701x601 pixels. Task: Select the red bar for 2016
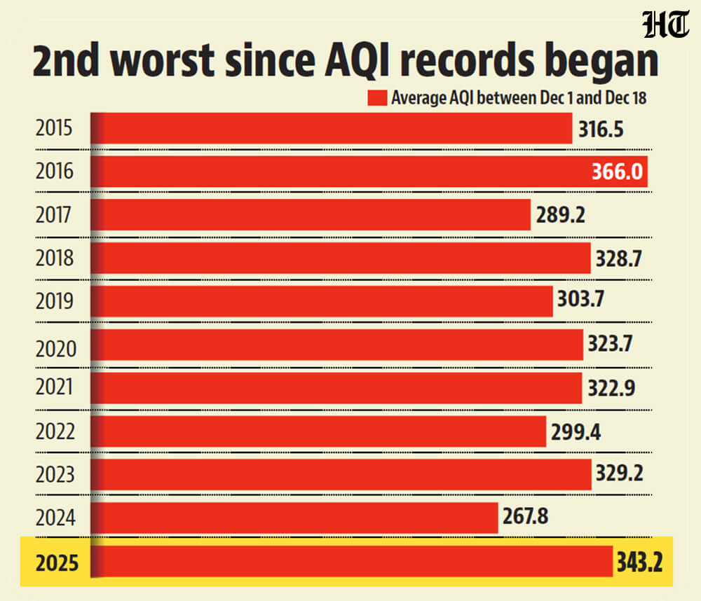(372, 172)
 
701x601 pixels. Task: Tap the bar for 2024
(298, 517)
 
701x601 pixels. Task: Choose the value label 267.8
(526, 517)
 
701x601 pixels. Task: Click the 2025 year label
(54, 562)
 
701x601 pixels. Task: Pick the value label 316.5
(601, 129)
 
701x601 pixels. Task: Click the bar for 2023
(344, 474)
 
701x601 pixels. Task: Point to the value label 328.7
(619, 258)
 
